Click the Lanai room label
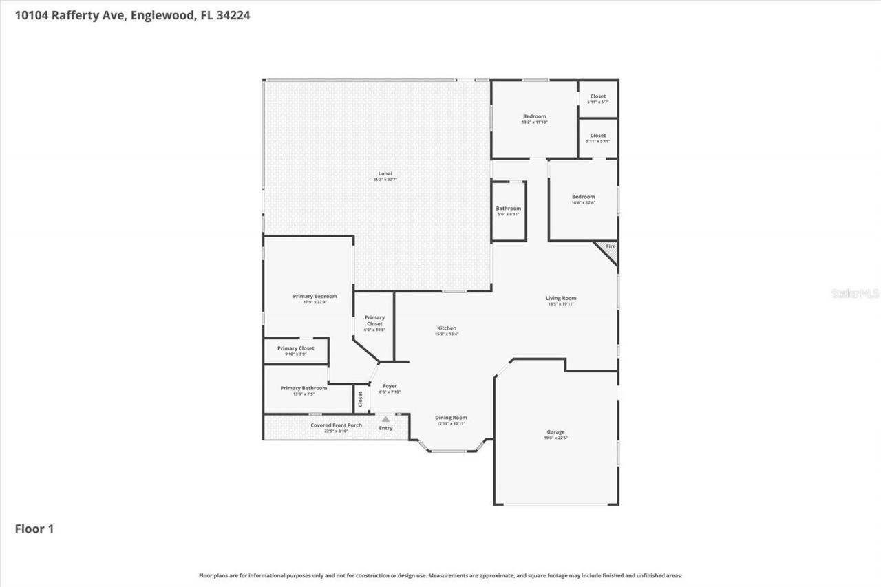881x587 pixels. pyautogui.click(x=385, y=173)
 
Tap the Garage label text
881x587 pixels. pyautogui.click(x=555, y=432)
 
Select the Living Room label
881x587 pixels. pyautogui.click(x=561, y=298)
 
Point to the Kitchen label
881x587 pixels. pyautogui.click(x=446, y=328)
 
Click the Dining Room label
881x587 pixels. pyautogui.click(x=451, y=418)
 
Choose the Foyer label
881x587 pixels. pyautogui.click(x=390, y=386)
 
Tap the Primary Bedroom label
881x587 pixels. pyautogui.click(x=315, y=296)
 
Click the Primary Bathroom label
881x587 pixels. pyautogui.click(x=304, y=388)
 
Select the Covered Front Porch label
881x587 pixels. pyautogui.click(x=336, y=425)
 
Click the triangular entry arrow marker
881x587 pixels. pyautogui.click(x=385, y=418)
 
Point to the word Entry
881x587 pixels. pyautogui.click(x=385, y=428)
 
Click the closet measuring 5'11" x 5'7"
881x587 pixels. pyautogui.click(x=597, y=98)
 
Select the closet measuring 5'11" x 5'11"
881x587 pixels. pyautogui.click(x=597, y=138)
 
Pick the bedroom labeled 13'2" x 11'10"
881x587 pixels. pyautogui.click(x=534, y=118)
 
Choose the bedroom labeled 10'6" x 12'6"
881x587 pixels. pyautogui.click(x=583, y=199)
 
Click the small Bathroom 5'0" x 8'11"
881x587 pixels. pyautogui.click(x=509, y=211)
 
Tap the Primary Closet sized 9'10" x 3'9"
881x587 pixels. pyautogui.click(x=296, y=350)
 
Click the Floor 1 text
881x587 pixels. pyautogui.click(x=34, y=529)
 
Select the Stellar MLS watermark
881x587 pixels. pyautogui.click(x=855, y=293)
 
